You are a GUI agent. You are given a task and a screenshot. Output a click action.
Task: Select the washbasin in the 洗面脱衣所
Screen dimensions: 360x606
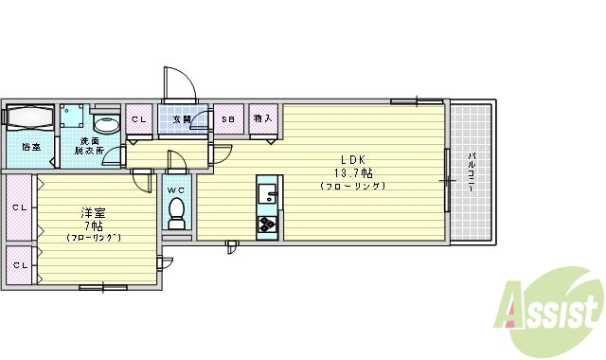(107, 123)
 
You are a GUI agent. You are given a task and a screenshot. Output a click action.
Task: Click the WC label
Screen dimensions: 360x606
(176, 189)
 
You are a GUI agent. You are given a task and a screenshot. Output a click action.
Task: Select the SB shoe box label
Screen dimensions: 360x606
(228, 119)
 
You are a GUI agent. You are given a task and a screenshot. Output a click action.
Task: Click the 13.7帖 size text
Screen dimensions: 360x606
(351, 173)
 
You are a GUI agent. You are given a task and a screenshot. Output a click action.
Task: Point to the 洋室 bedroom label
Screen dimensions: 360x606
(93, 212)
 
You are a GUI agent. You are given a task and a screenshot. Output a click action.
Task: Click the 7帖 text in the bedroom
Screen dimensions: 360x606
(93, 225)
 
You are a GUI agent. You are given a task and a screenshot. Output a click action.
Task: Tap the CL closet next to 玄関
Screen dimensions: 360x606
(139, 119)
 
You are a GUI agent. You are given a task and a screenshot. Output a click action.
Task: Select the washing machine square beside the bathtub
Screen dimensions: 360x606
(73, 118)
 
